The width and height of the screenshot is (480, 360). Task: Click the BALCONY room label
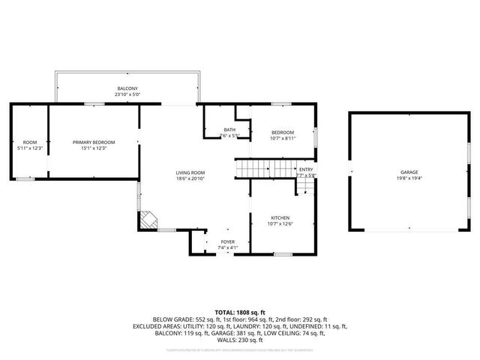click(126, 89)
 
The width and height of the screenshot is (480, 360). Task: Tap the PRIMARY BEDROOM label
click(89, 142)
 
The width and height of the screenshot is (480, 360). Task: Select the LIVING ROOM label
click(190, 172)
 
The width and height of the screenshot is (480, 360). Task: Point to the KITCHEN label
click(279, 217)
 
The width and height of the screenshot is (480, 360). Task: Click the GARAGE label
click(409, 172)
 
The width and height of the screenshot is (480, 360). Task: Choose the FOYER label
click(227, 242)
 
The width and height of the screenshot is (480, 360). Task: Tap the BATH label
click(229, 130)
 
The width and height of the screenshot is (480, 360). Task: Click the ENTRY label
click(306, 169)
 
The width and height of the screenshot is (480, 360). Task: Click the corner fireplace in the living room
click(147, 220)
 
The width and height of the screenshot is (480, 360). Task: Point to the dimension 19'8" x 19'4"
click(409, 178)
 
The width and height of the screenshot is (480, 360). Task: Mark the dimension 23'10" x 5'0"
click(126, 95)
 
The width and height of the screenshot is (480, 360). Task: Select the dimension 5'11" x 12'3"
click(30, 148)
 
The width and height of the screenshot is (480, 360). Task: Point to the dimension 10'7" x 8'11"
click(282, 138)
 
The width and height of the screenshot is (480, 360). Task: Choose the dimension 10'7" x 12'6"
click(279, 223)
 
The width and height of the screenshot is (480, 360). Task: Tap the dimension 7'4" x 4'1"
click(227, 248)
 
